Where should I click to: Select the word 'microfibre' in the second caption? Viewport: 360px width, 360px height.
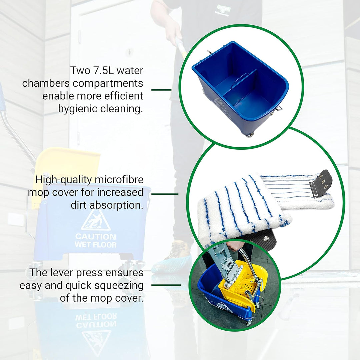[x=119, y=180]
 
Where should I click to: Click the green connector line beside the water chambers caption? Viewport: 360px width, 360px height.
[x=161, y=90]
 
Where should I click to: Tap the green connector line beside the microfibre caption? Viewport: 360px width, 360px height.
[x=165, y=194]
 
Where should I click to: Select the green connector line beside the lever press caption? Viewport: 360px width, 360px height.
[x=166, y=285]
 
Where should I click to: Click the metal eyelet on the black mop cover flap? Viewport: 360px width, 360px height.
[x=266, y=239]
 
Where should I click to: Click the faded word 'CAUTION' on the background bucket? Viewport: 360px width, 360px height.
[x=96, y=236]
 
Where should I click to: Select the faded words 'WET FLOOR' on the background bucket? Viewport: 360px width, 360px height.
[x=96, y=245]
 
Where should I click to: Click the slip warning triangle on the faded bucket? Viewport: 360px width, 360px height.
[x=96, y=220]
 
